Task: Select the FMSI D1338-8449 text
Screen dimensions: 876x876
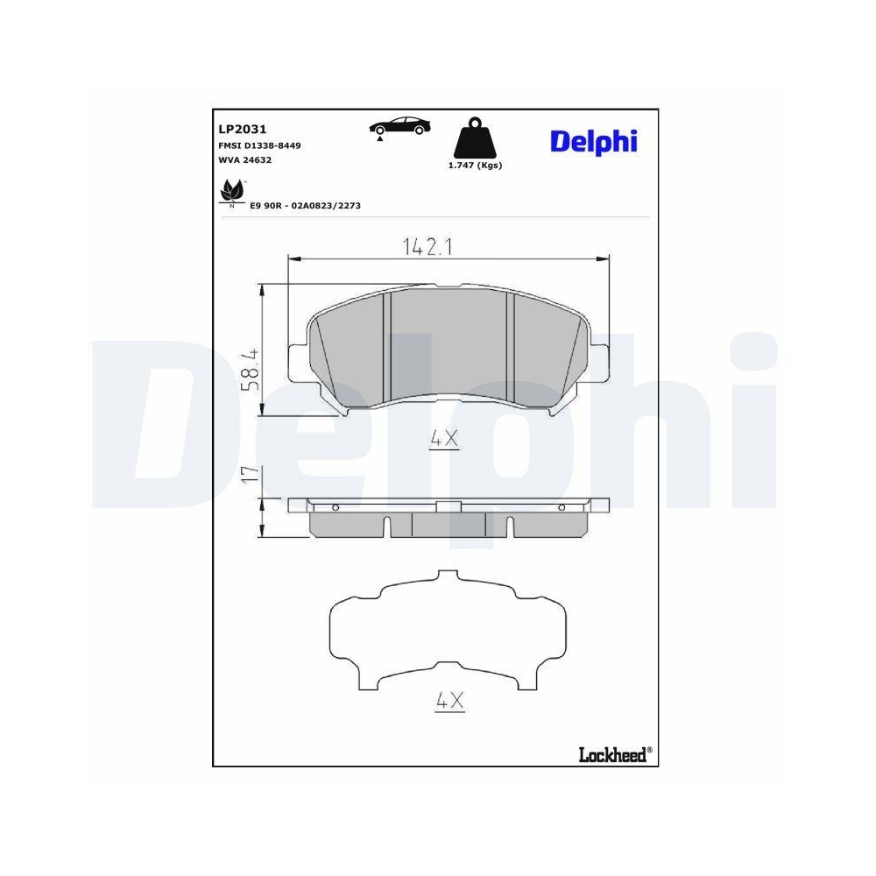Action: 259,145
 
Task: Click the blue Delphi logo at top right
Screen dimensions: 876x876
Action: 593,140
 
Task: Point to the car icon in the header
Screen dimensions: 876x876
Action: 398,125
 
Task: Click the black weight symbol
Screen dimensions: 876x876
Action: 475,138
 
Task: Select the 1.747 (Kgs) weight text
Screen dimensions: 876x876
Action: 475,165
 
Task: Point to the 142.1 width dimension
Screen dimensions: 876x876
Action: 427,247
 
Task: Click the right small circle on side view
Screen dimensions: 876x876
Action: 562,507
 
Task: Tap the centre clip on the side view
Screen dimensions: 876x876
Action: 448,506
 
